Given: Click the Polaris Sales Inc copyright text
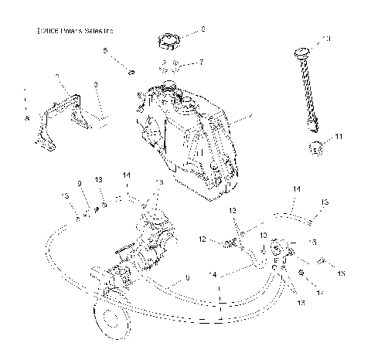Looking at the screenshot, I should (x=75, y=32).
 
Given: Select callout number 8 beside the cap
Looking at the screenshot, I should (x=203, y=29).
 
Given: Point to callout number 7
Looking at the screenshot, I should (x=202, y=62).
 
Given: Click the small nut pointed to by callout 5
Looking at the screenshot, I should (x=132, y=73).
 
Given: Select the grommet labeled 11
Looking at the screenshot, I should (x=315, y=147).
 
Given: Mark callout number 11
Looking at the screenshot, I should (x=338, y=137).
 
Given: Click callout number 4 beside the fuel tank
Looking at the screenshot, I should (x=250, y=118).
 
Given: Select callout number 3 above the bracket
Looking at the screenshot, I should (x=95, y=83).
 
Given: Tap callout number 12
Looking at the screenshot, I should (x=202, y=240).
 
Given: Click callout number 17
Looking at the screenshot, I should (x=320, y=294).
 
